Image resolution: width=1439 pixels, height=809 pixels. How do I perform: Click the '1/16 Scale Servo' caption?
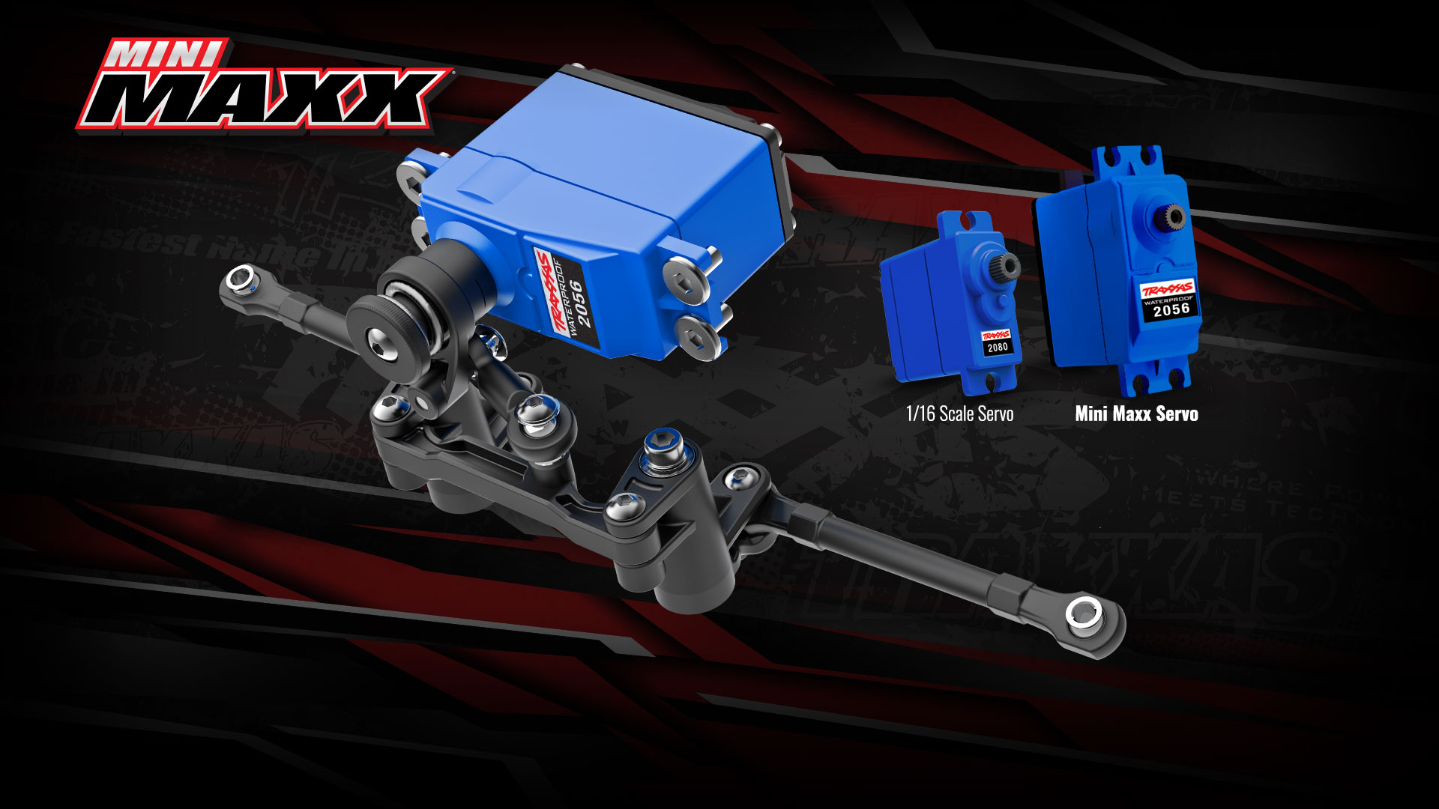[959, 413]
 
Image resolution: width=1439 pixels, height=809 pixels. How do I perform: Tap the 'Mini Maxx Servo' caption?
[1136, 413]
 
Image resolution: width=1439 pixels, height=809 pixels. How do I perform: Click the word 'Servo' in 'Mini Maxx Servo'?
[1175, 413]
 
